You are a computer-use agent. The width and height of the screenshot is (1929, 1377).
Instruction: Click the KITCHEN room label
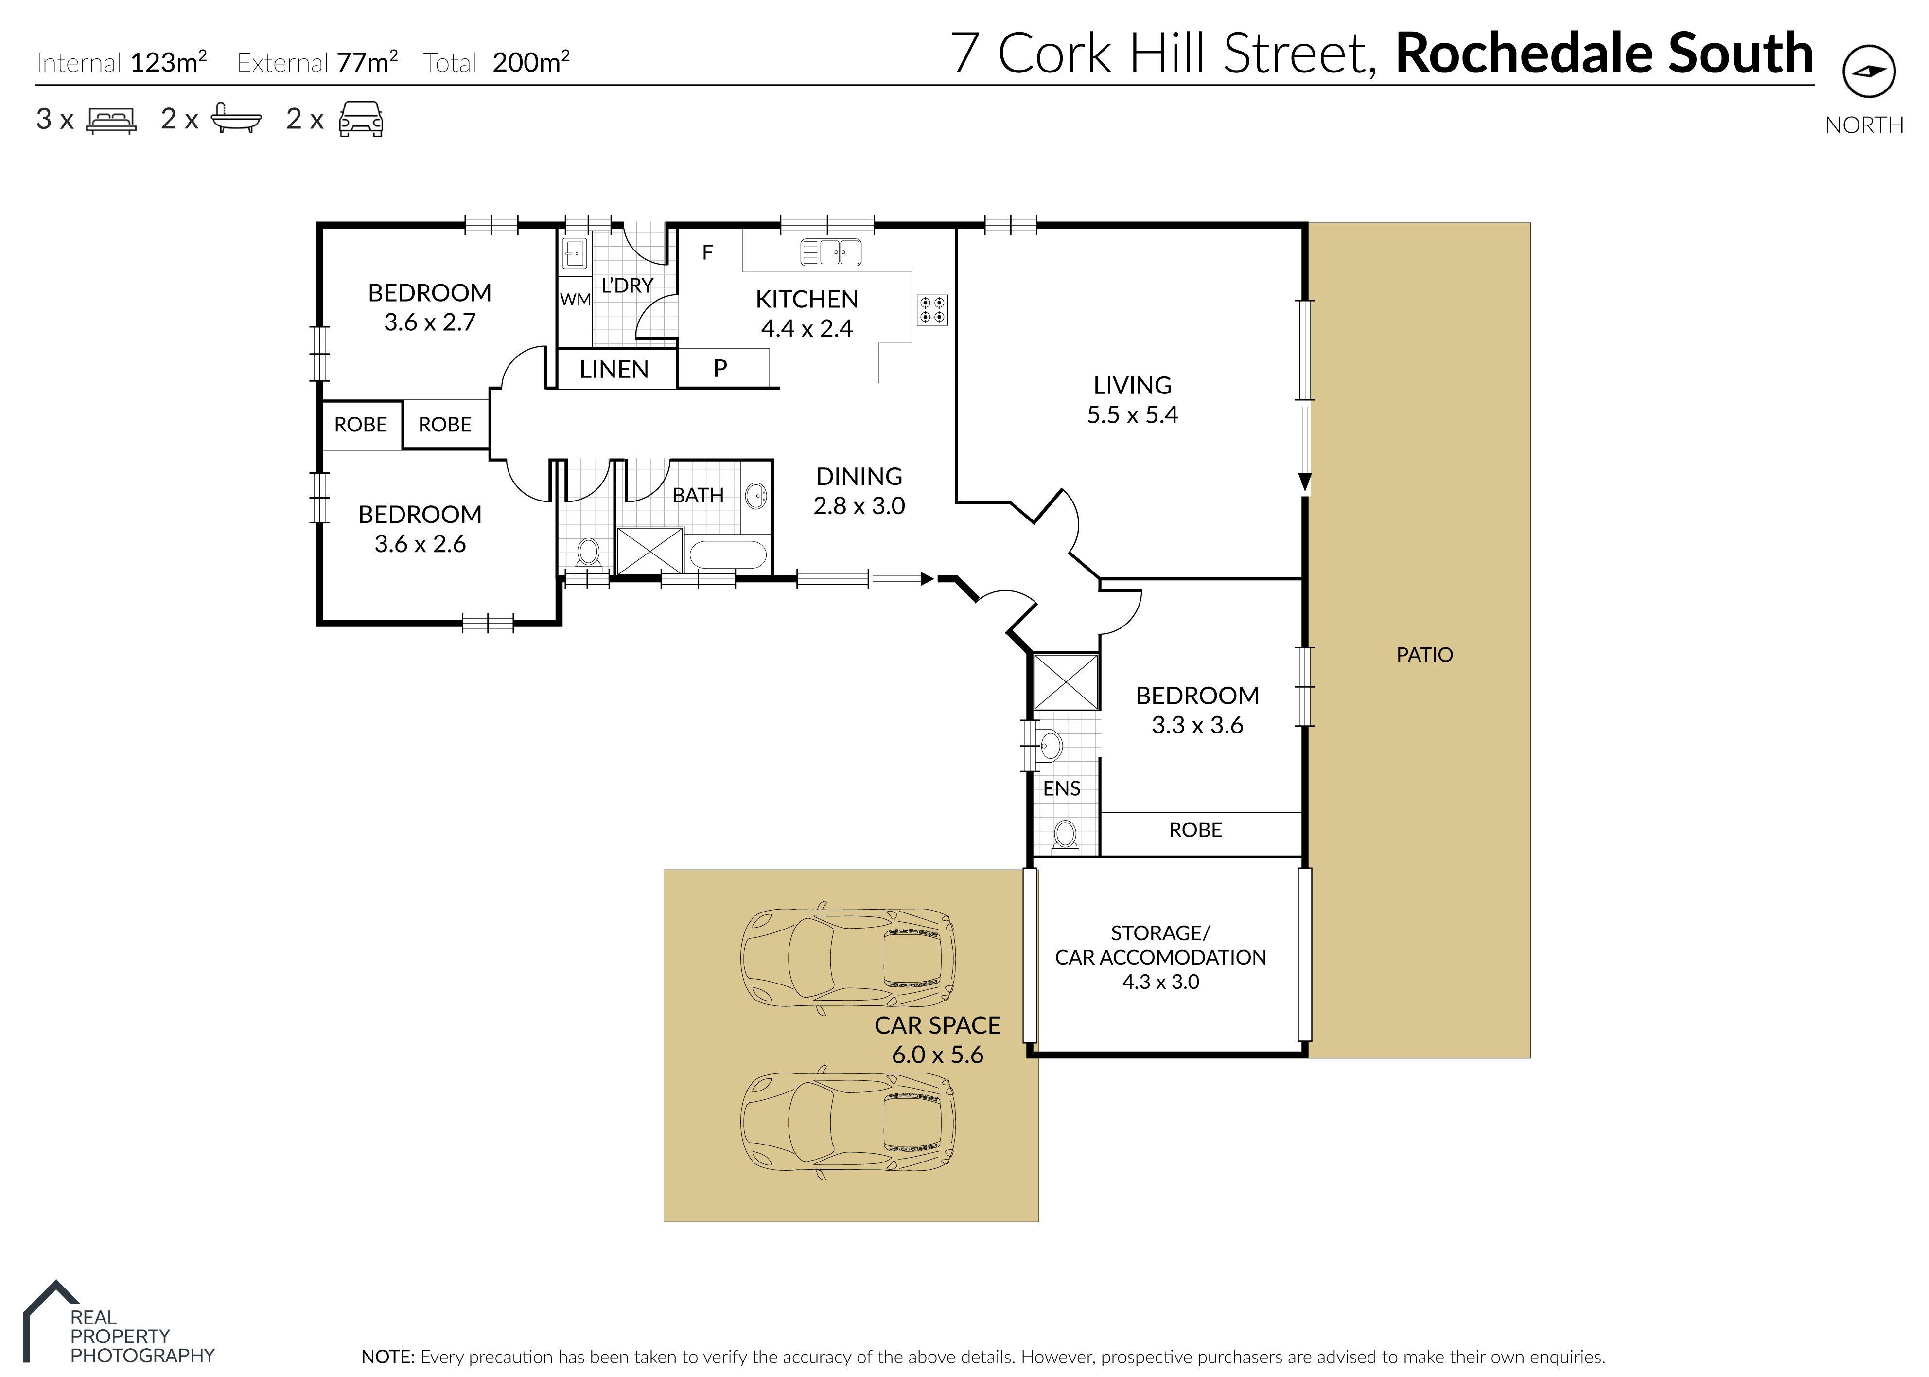point(806,299)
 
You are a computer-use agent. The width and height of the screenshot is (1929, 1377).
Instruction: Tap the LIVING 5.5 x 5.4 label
point(1132,399)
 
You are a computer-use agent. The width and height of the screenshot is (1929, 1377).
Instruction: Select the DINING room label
point(859,477)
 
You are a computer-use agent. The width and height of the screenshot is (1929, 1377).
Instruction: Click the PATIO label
point(1424,655)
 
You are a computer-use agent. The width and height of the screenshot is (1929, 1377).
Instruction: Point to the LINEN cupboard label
point(614,370)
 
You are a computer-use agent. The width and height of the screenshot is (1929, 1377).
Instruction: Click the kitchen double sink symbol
point(831,252)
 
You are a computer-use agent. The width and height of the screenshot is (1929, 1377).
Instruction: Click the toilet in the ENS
point(1065,835)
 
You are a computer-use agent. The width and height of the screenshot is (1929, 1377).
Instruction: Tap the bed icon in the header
point(111,121)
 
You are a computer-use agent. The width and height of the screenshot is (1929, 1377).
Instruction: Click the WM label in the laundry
point(575,299)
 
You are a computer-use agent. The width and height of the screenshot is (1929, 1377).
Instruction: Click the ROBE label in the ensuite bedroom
point(1195,830)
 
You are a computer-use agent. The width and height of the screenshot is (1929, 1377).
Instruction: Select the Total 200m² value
point(530,63)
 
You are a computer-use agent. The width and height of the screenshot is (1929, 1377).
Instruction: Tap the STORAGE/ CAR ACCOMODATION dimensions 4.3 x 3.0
point(1160,982)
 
